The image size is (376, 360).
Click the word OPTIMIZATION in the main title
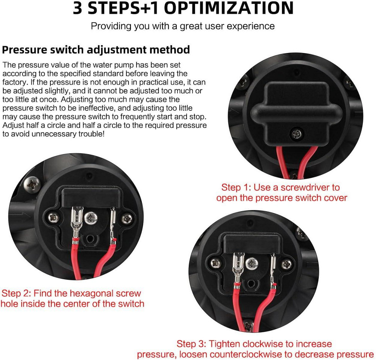coord(229,8)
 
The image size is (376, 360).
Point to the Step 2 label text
coord(72,298)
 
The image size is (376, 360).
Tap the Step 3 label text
coord(255,349)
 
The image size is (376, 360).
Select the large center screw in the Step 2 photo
coord(91,218)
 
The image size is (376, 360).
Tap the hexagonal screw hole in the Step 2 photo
coord(90,239)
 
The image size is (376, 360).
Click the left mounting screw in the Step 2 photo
coord(53,218)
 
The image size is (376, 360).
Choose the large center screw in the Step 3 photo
coord(252,264)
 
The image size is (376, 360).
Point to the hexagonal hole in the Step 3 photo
coord(251,284)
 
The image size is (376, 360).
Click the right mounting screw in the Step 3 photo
coord(286,265)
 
